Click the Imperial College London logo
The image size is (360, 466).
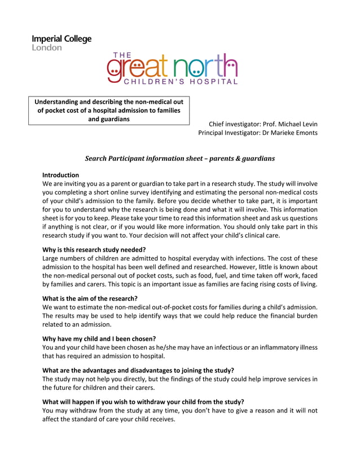click(62, 43)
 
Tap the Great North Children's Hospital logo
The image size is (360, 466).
click(172, 69)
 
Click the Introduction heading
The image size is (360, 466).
click(61, 175)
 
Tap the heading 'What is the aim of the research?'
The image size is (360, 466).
click(90, 298)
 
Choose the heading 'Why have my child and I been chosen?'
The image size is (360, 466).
click(99, 338)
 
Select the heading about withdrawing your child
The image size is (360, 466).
click(143, 402)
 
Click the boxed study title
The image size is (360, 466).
click(109, 111)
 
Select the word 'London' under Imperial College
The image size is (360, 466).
click(47, 48)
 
